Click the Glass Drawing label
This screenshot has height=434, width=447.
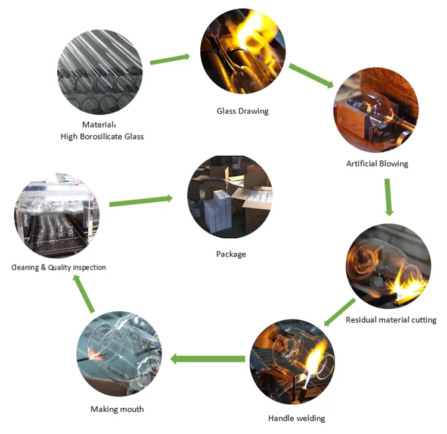(x=242, y=111)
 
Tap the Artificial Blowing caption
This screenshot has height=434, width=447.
(x=377, y=163)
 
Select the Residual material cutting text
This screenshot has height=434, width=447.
(x=391, y=320)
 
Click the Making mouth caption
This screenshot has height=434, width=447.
(x=117, y=409)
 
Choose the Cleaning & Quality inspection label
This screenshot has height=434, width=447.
(x=58, y=268)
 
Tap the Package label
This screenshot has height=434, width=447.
(x=231, y=254)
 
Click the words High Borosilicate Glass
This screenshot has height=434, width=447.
(x=102, y=136)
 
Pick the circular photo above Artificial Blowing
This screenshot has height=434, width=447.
(x=375, y=111)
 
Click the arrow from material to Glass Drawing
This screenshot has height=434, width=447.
(x=170, y=59)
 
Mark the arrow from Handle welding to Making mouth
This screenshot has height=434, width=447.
(x=209, y=359)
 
